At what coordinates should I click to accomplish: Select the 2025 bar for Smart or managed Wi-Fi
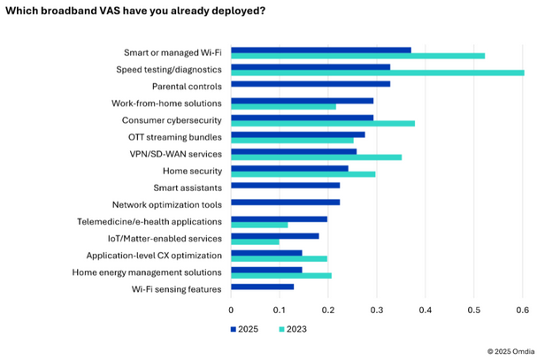tap(321, 50)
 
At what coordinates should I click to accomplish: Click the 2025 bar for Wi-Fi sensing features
tap(262, 287)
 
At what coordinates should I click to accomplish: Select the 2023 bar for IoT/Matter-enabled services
tap(255, 241)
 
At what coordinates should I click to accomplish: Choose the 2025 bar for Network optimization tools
tap(285, 203)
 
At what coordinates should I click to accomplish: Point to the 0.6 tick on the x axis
tap(522, 310)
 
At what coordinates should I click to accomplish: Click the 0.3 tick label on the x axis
tap(377, 310)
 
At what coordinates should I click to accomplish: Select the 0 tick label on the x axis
tap(231, 310)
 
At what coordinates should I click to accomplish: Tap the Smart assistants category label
tap(187, 188)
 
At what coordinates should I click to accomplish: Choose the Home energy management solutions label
tap(147, 272)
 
